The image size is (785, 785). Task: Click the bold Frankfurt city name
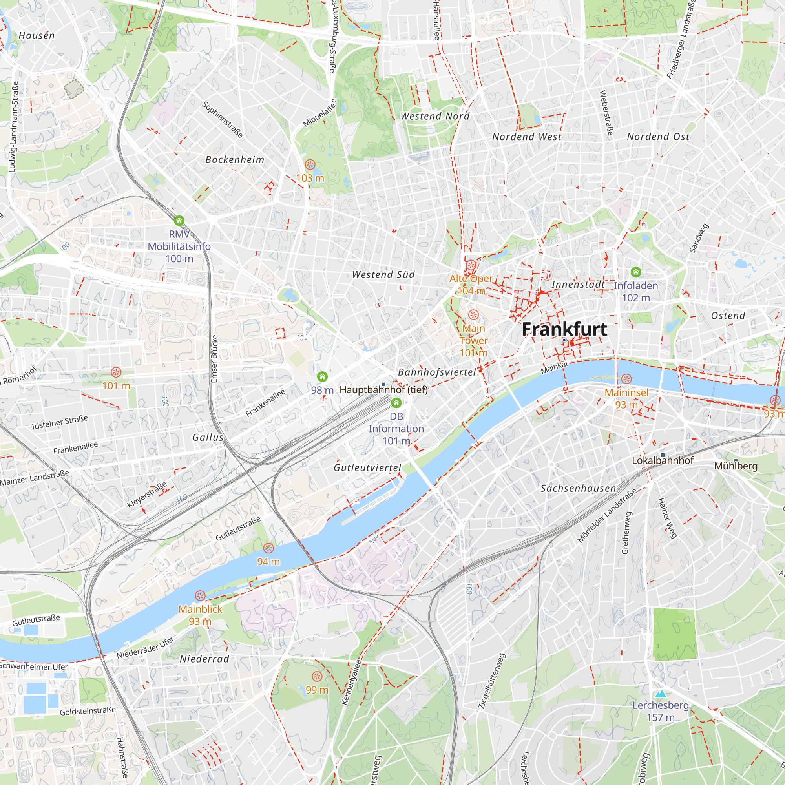pos(564,329)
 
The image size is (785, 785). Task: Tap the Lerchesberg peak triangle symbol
pos(661,694)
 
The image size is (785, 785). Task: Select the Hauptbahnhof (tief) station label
pos(383,390)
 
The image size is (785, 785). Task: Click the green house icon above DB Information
pos(396,403)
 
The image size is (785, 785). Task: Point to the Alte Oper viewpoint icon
pos(471,266)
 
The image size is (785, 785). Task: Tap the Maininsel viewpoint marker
pos(626,379)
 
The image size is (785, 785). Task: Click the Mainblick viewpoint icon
pos(200,596)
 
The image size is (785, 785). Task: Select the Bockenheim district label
pos(235,160)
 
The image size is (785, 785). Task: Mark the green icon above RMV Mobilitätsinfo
pos(179,221)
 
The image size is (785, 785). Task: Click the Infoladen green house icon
pos(636,272)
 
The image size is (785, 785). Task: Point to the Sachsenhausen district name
pos(578,488)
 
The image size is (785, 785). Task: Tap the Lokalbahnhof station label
pos(662,461)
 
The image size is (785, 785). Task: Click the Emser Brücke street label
pos(215,359)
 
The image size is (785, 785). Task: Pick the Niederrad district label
pos(204,659)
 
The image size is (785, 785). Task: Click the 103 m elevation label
pos(310,178)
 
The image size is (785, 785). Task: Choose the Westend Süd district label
pos(383,275)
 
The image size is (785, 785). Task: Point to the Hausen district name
pos(37,36)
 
